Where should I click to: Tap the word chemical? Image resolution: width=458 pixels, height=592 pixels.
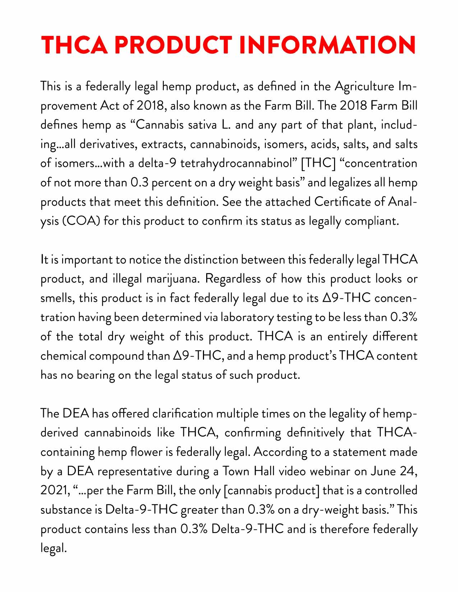[x=63, y=356]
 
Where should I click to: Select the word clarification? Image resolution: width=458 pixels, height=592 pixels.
[x=182, y=414]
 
